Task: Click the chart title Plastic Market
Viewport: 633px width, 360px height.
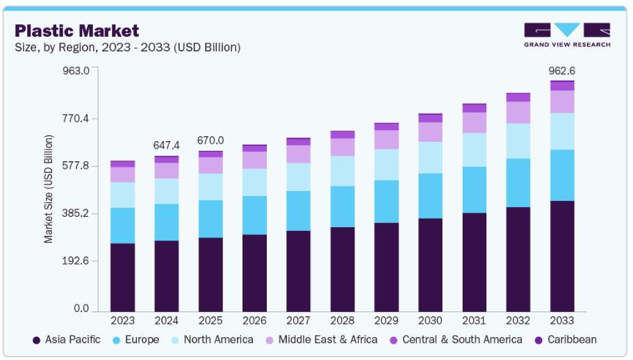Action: (x=77, y=31)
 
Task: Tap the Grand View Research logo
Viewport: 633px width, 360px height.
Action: (x=567, y=35)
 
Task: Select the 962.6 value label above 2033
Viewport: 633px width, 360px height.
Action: (x=562, y=71)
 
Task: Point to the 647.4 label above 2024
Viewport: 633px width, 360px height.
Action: (x=167, y=145)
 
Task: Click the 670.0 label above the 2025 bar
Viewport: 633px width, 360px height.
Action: (x=211, y=140)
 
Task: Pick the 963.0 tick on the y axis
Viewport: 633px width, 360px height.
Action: (x=76, y=71)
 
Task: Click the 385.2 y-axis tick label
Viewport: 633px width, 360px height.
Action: (x=76, y=213)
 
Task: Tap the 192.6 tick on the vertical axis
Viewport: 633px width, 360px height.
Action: (x=76, y=261)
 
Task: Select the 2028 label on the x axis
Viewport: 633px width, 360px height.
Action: (x=343, y=320)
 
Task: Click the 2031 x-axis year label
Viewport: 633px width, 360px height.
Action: (x=475, y=320)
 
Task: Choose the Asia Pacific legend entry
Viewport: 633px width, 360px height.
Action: (x=67, y=340)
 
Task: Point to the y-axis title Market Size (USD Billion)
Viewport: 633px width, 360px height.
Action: (x=49, y=189)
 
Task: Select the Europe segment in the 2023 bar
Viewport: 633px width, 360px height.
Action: (x=123, y=225)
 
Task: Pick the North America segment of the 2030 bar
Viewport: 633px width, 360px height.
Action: (x=430, y=157)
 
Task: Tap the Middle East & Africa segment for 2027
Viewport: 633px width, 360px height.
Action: (x=299, y=154)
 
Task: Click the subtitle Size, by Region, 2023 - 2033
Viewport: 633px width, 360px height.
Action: (x=128, y=47)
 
